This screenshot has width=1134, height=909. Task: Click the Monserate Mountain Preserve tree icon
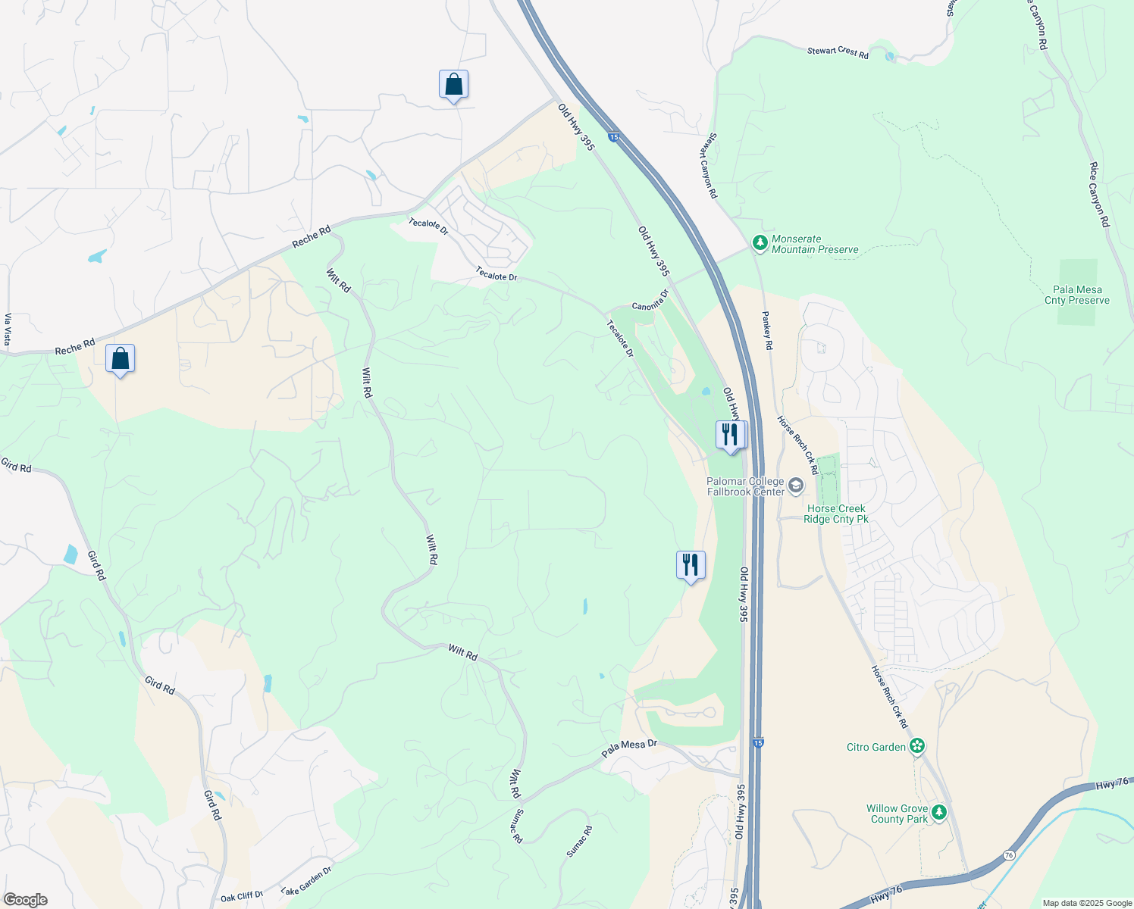coord(760,243)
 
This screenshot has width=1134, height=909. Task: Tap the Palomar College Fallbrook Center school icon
coord(795,486)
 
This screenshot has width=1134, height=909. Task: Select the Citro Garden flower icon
coord(917,747)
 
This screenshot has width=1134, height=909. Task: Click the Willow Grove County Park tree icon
coord(940,813)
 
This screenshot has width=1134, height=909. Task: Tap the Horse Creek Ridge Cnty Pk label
coord(837,514)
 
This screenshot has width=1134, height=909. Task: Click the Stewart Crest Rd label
coord(838,52)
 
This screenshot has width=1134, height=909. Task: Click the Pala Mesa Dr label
coord(629,748)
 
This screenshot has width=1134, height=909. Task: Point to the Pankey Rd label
coord(767,330)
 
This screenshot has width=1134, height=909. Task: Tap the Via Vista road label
coord(8,330)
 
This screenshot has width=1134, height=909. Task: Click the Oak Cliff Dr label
coord(242,896)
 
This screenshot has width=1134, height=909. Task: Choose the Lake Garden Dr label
coord(306,880)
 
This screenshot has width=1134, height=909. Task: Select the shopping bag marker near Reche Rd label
coord(121,359)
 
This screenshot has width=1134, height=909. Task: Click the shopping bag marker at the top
coord(453,85)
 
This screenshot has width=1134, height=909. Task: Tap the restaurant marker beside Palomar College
coord(730,436)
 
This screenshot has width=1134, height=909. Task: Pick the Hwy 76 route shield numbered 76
coord(1008,854)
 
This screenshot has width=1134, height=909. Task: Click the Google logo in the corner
coord(25,900)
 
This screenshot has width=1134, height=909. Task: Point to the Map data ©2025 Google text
coord(1087,903)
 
